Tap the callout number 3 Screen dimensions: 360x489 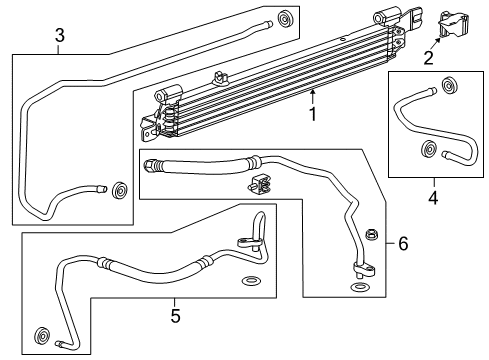(x=59, y=37)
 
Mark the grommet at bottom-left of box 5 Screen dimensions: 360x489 (x=44, y=334)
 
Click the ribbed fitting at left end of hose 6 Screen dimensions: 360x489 (x=152, y=164)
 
